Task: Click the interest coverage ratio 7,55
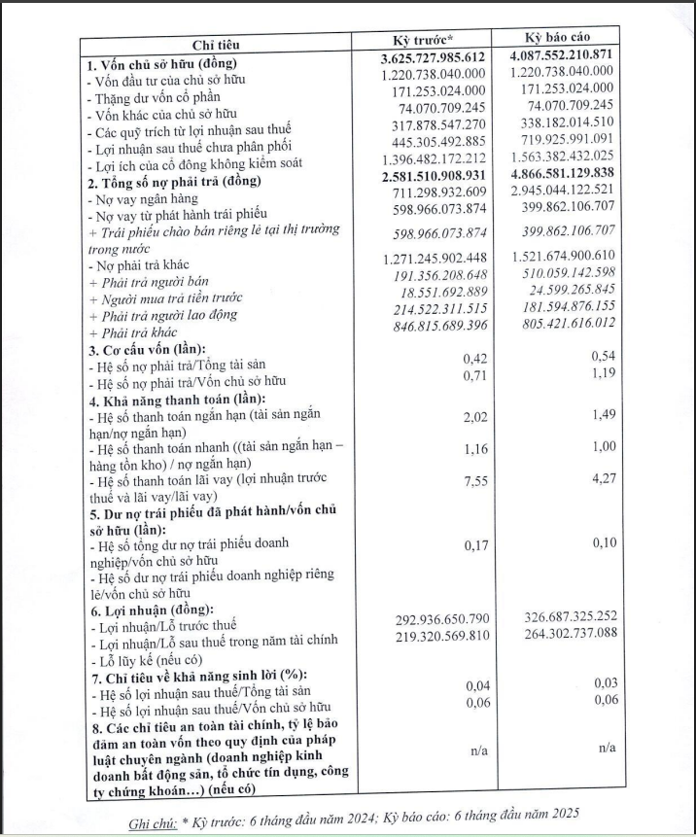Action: coord(473,481)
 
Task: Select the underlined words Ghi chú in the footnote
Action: coord(153,820)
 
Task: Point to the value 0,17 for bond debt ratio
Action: coord(473,544)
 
